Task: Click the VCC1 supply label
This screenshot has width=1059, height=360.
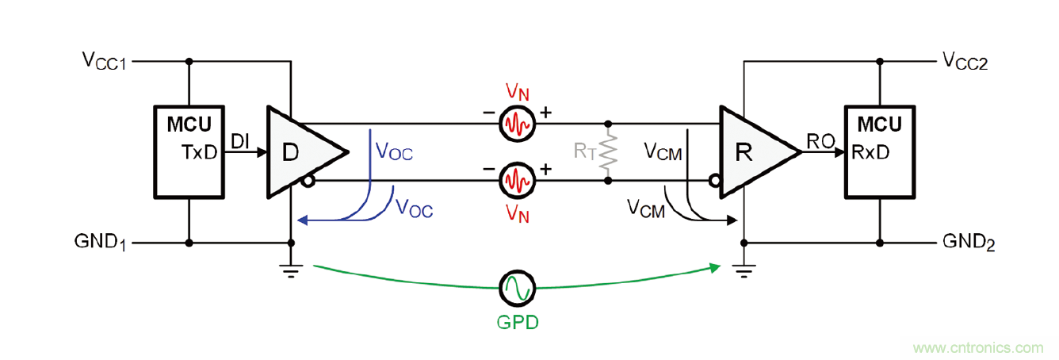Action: tap(104, 60)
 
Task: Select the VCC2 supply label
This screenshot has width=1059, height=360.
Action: tap(964, 61)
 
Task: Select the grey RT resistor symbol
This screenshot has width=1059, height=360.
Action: tap(608, 152)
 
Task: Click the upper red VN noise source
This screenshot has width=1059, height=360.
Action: tap(518, 124)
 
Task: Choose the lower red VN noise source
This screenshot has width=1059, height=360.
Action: tap(518, 181)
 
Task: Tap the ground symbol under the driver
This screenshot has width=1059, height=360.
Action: tap(292, 270)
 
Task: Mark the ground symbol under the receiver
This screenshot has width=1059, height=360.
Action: tap(744, 270)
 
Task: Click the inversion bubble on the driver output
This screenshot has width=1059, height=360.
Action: tap(305, 182)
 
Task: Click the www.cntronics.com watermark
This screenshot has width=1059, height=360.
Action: tap(978, 347)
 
